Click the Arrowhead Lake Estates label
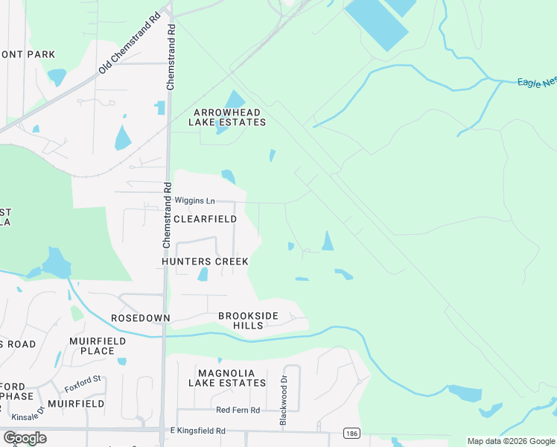click(229, 117)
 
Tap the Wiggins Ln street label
click(194, 201)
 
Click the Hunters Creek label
click(205, 262)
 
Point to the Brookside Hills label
click(248, 321)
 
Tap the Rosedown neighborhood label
click(140, 318)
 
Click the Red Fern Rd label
click(238, 410)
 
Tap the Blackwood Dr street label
click(283, 406)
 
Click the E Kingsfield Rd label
click(197, 431)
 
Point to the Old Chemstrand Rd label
click(130, 46)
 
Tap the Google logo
click(25, 438)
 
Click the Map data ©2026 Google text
click(511, 441)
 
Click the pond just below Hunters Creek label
click(203, 275)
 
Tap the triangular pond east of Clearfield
click(327, 241)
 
